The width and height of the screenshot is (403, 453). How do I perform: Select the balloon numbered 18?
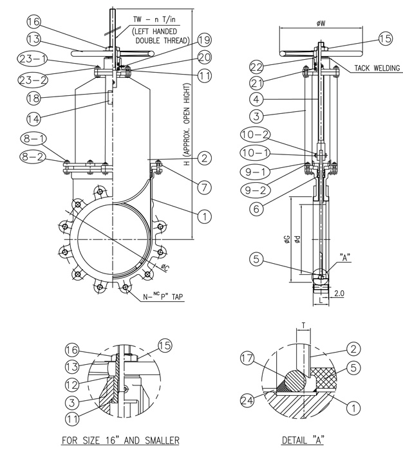point(34,98)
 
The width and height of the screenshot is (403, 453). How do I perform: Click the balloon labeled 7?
point(203,187)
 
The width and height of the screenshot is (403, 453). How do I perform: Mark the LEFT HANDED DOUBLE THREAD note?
point(158,35)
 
